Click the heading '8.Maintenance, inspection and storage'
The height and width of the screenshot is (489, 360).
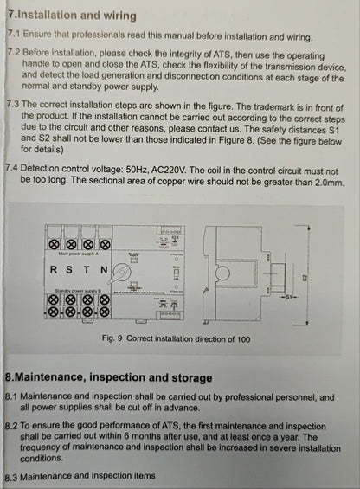coord(108,377)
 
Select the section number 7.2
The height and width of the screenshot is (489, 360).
coord(13,53)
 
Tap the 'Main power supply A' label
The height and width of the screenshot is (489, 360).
coord(78,254)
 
